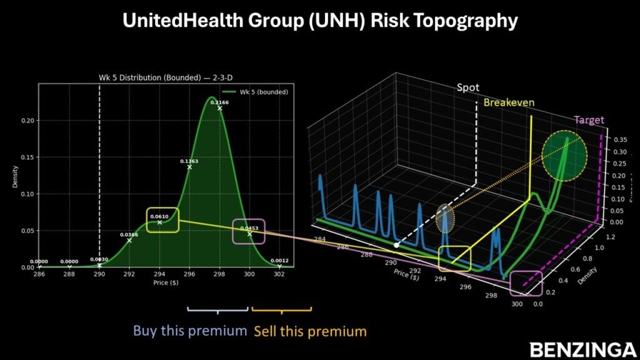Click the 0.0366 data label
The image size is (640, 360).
[129, 235]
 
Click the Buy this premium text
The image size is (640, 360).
[190, 331]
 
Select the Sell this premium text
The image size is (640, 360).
[309, 331]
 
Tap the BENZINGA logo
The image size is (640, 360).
[581, 349]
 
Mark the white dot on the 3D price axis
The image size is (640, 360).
[396, 244]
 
